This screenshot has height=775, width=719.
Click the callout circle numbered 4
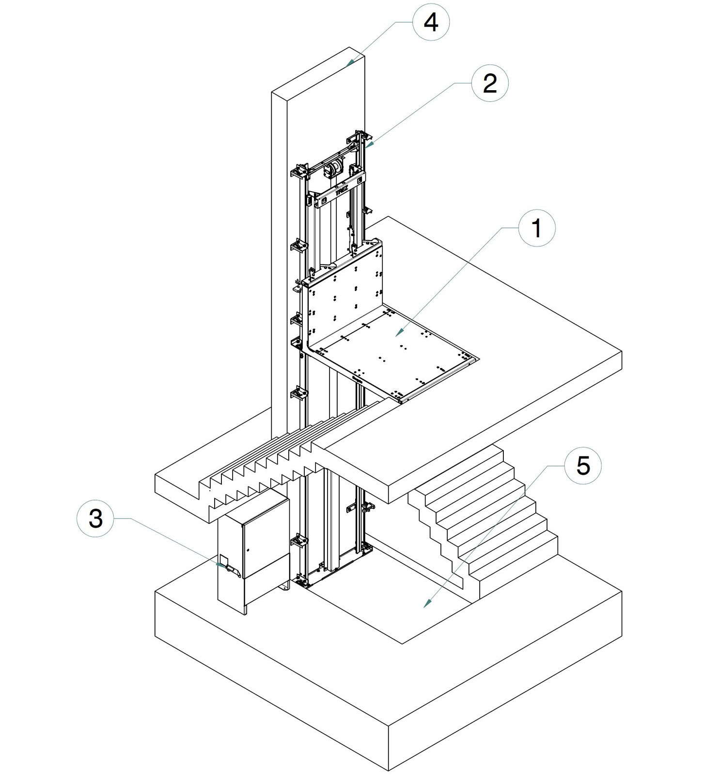tap(431, 22)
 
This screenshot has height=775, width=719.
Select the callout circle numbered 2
tap(490, 83)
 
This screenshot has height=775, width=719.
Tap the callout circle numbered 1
tap(536, 228)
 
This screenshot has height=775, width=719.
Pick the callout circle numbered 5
tap(583, 466)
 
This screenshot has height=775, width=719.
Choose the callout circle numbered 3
tap(96, 518)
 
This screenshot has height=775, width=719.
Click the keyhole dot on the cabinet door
tap(247, 550)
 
